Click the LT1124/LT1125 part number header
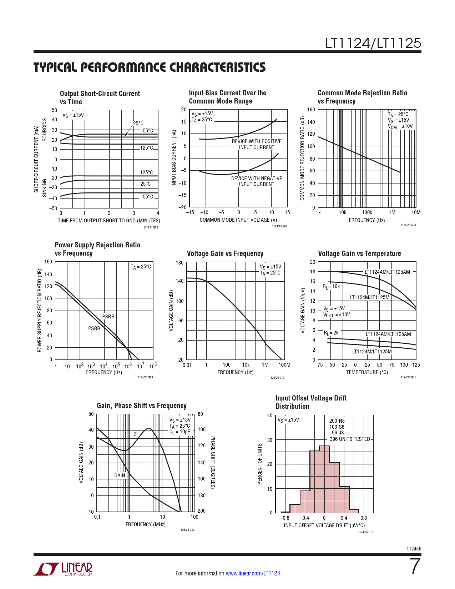coord(373,43)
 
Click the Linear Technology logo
coord(63,569)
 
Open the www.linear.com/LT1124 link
coord(253,573)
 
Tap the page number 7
coord(415,566)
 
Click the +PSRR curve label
coord(93,328)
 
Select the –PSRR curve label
coord(107,317)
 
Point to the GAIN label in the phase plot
coord(120,475)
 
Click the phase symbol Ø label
coord(135,434)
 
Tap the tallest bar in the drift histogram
coord(324,478)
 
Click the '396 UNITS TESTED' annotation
coord(350,439)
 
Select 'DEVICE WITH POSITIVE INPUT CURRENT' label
coord(257,144)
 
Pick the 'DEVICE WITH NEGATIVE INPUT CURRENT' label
coord(257,181)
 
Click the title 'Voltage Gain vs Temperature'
coord(359,253)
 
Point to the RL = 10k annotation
coord(331,286)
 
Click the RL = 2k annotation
coord(331,333)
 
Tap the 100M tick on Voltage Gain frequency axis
coord(284,365)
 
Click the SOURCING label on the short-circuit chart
coord(45,130)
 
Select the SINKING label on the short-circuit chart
coord(45,188)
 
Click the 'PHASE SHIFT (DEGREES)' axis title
coord(213,462)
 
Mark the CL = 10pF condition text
coord(180,432)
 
